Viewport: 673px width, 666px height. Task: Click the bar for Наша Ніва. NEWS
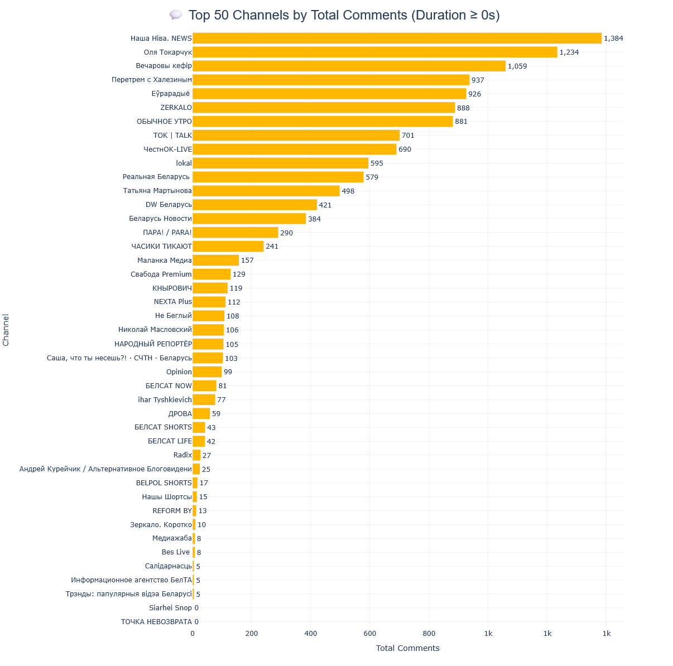pyautogui.click(x=397, y=38)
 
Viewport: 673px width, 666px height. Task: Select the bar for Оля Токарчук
pyautogui.click(x=374, y=52)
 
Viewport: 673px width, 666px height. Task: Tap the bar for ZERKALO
pyautogui.click(x=324, y=108)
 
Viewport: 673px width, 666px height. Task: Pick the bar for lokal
pyautogui.click(x=280, y=163)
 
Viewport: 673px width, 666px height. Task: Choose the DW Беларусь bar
pyautogui.click(x=254, y=205)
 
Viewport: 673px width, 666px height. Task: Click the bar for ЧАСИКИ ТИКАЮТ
pyautogui.click(x=228, y=247)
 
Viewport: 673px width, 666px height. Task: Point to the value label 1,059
pyautogui.click(x=517, y=66)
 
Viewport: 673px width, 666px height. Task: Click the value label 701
pyautogui.click(x=408, y=136)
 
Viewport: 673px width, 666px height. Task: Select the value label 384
pyautogui.click(x=314, y=219)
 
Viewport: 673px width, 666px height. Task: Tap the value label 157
pyautogui.click(x=247, y=260)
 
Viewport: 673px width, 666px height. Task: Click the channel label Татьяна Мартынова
pyautogui.click(x=157, y=191)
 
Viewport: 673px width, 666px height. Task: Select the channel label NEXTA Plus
pyautogui.click(x=173, y=302)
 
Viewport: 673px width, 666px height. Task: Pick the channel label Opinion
pyautogui.click(x=179, y=372)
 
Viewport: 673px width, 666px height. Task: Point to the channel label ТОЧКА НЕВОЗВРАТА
pyautogui.click(x=156, y=622)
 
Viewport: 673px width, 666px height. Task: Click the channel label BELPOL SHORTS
pyautogui.click(x=164, y=483)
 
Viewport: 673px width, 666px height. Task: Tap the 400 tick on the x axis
pyautogui.click(x=311, y=634)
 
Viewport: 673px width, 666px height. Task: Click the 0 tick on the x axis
pyautogui.click(x=193, y=634)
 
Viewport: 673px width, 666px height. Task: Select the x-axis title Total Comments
pyautogui.click(x=407, y=648)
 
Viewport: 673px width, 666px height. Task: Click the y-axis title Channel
pyautogui.click(x=6, y=330)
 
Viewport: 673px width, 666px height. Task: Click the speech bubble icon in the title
pyautogui.click(x=176, y=15)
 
